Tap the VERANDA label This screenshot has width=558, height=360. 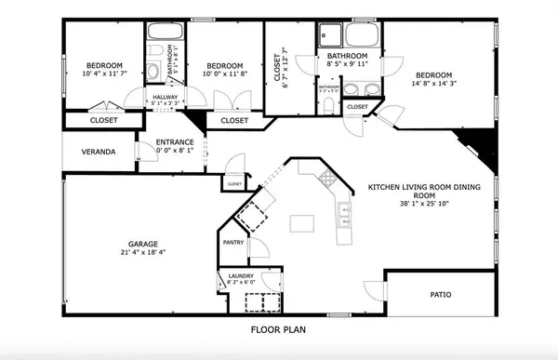[x=98, y=151]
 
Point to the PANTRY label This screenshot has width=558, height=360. [x=232, y=243]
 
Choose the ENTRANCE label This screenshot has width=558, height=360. [x=175, y=141]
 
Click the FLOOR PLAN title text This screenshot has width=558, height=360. [x=278, y=328]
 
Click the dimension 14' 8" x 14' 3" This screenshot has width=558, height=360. [x=433, y=85]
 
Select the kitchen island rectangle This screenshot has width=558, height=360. [x=301, y=223]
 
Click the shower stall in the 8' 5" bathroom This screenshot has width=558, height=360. [x=330, y=35]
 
